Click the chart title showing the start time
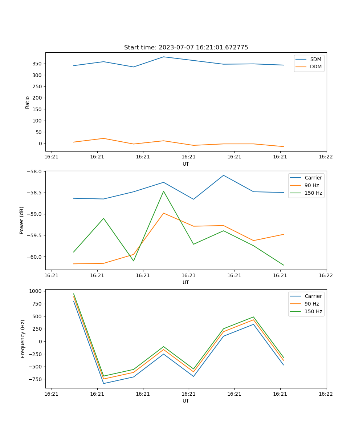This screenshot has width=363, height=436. [186, 48]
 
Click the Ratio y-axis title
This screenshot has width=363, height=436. [28, 102]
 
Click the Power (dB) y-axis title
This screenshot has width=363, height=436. [22, 220]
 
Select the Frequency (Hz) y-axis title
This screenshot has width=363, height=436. [23, 339]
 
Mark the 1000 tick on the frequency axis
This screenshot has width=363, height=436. [36, 291]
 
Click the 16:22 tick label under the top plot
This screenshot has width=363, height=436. [326, 157]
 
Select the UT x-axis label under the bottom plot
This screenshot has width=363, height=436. [186, 401]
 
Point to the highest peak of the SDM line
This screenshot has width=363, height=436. [163, 57]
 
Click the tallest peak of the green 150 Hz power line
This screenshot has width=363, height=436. [163, 191]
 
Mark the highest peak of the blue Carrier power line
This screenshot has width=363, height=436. [223, 175]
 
